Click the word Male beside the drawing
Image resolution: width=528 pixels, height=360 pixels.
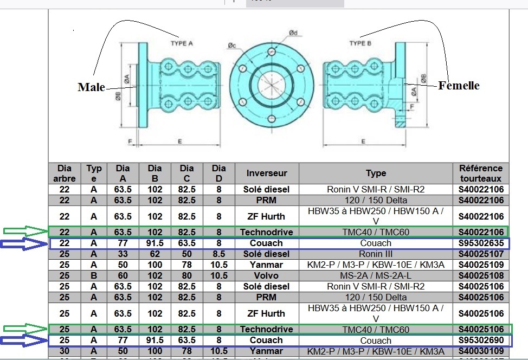tap(91, 87)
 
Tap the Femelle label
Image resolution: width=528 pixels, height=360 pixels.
tap(459, 86)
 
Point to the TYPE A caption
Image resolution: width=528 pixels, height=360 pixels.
tap(182, 44)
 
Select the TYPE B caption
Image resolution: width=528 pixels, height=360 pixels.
tap(360, 43)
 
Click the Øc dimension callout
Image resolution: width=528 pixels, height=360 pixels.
tap(232, 45)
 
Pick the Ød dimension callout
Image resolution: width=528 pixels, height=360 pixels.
tap(293, 34)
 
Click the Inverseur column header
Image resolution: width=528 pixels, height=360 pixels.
tap(266, 173)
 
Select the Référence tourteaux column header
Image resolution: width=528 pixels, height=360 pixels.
tap(480, 173)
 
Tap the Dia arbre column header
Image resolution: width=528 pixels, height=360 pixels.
tap(65, 173)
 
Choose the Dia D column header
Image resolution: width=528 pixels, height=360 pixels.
tap(218, 173)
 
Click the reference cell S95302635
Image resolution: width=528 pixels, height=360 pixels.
tap(481, 243)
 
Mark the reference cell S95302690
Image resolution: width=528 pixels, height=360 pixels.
tap(481, 340)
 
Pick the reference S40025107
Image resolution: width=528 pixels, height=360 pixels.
tap(481, 254)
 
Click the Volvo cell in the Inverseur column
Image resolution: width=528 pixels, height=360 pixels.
tap(266, 275)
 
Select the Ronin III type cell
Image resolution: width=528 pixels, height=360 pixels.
tap(375, 254)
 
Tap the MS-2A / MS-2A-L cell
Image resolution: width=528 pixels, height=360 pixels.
tap(375, 275)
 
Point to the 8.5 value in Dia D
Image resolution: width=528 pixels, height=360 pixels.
tap(218, 254)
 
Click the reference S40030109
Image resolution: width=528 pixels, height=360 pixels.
tap(481, 351)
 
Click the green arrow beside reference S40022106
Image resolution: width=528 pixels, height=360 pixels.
tap(25, 232)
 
